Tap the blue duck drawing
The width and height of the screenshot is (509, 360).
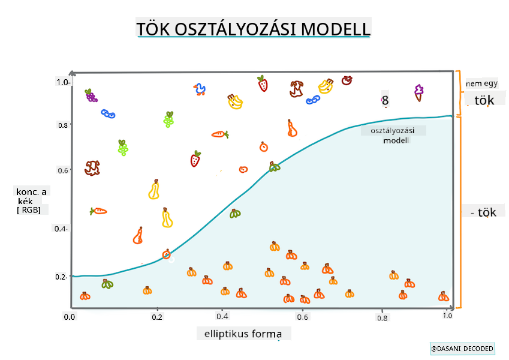(200, 90)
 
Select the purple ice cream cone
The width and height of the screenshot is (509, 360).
(418, 92)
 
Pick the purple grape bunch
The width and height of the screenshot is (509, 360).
(91, 95)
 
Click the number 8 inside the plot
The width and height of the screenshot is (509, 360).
(385, 101)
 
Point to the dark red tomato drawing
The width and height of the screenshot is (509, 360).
(347, 80)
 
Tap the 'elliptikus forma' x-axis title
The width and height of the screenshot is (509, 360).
(239, 334)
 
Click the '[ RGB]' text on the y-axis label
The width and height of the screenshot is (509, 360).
(28, 210)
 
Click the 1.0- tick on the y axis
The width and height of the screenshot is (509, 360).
(64, 82)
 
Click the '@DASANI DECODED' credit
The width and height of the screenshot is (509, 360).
(462, 349)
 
